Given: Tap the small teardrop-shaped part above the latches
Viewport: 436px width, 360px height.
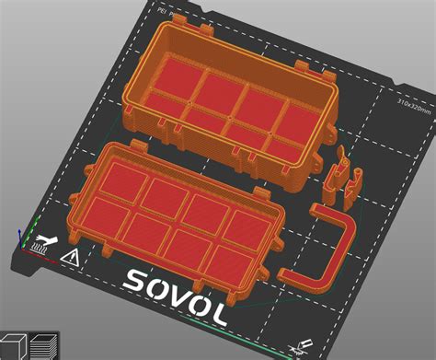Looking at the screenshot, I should [339, 149].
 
